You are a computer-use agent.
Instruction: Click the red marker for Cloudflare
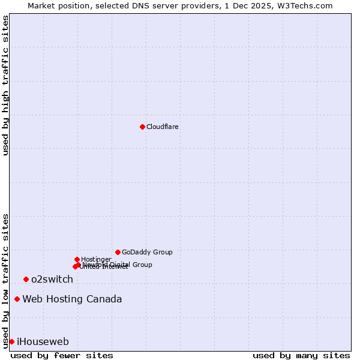tap(142, 127)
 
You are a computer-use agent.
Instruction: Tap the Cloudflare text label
tap(162, 127)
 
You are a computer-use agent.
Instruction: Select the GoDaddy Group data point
tap(118, 252)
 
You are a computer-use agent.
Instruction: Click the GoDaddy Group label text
tap(147, 253)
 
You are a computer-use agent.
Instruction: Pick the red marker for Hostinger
tap(77, 259)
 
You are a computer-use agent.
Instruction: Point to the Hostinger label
tap(96, 259)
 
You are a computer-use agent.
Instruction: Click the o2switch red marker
tap(26, 280)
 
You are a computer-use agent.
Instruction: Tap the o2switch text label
tap(52, 280)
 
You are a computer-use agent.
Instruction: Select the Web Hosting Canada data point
tap(17, 299)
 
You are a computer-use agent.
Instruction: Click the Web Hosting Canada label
tap(72, 299)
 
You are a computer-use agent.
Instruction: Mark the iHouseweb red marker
tap(11, 341)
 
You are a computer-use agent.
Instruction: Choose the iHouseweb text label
tap(43, 342)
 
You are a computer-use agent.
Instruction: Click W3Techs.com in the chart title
tap(308, 5)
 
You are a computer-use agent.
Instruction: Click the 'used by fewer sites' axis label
tap(62, 355)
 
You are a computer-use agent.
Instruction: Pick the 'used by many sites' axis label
tap(301, 355)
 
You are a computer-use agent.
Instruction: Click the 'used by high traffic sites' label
tap(5, 85)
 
